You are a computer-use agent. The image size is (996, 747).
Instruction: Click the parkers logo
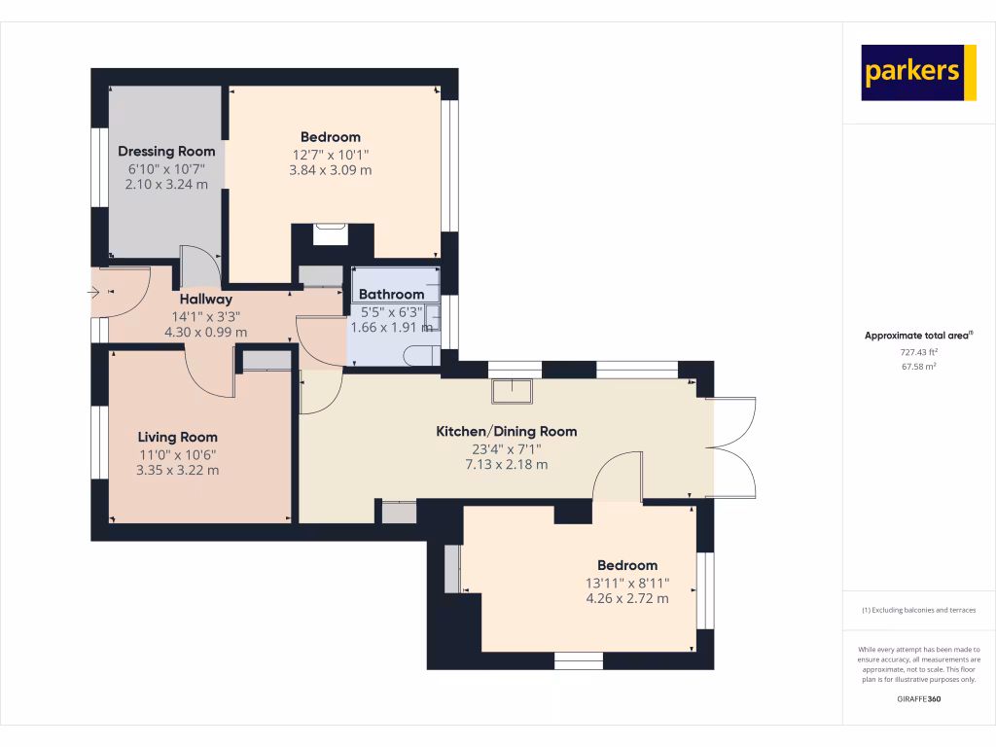[x=918, y=73]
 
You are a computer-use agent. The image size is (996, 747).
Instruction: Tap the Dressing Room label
[x=166, y=151]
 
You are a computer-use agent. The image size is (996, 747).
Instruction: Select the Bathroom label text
[x=392, y=294]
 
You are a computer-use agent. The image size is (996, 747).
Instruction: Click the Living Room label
[x=177, y=437]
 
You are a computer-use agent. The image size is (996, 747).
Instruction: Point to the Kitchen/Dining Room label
[x=506, y=431]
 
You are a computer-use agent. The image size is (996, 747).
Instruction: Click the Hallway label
[x=205, y=300]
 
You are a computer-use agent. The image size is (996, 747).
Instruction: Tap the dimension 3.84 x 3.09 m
[x=331, y=170]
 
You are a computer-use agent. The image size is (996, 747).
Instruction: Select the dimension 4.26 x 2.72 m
[x=627, y=598]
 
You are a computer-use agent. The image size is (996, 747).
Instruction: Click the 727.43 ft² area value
[x=918, y=352]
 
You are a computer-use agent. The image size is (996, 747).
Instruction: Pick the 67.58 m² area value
[x=918, y=367]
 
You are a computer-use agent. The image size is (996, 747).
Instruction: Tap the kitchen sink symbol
[x=513, y=391]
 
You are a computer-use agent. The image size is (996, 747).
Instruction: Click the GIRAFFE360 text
[x=918, y=698]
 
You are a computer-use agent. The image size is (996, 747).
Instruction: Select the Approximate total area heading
[x=917, y=336]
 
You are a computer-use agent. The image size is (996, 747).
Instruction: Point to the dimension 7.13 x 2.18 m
[x=506, y=464]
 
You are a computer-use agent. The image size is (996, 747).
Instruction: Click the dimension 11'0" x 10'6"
[x=177, y=453]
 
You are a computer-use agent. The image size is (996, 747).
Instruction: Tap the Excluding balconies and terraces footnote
[x=918, y=610]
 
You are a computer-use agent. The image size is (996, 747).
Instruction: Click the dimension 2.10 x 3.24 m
[x=166, y=184]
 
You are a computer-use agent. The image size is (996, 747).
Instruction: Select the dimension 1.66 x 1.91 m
[x=392, y=328]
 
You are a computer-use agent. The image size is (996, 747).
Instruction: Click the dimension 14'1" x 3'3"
[x=205, y=315]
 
